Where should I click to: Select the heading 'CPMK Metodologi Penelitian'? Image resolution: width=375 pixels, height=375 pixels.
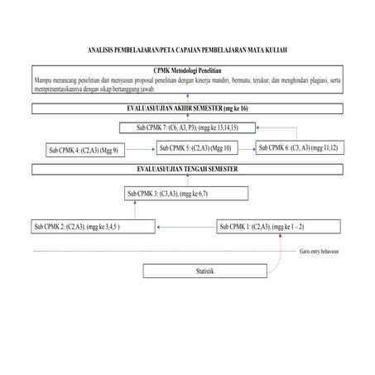187,71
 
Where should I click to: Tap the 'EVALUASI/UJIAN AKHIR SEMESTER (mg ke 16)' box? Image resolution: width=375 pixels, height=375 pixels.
188,108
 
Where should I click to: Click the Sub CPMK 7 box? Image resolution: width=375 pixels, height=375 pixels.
188,127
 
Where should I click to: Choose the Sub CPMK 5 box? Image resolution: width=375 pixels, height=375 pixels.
195,147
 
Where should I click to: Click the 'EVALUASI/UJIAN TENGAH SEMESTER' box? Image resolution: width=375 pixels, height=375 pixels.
188,169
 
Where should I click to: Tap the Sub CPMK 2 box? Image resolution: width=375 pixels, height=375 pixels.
92,226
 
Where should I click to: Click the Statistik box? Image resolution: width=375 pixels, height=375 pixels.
205,271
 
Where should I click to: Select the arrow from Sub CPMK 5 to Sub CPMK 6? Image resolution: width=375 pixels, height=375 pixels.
246,147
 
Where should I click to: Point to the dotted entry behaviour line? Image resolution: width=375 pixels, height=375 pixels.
166,249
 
